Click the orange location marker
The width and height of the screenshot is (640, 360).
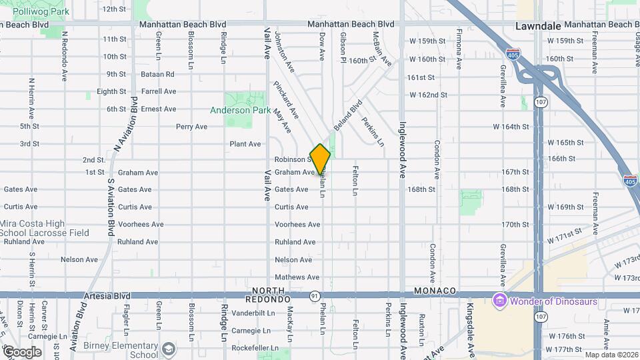pos(320,159)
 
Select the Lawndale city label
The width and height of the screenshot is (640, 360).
pos(538,25)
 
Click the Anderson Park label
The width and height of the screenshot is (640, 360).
pos(240,110)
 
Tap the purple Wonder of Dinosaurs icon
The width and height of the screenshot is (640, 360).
pos(499,301)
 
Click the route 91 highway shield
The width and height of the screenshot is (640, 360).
pos(314,294)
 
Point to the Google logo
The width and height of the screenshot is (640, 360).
pos(22,351)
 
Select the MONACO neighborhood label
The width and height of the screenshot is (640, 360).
pos(434,291)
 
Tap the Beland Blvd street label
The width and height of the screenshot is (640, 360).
pos(347,115)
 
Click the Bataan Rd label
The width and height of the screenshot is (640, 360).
pos(159,74)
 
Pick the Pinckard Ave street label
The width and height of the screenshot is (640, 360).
pos(283,95)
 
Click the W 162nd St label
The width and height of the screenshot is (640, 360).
pos(428,95)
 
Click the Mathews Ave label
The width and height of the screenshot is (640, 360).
pos(293,277)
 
